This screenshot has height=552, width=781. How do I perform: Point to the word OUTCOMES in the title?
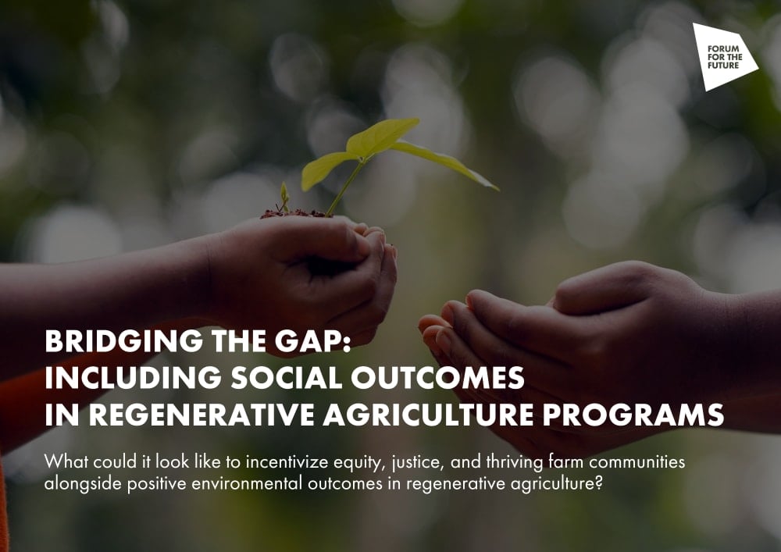tap(438, 378)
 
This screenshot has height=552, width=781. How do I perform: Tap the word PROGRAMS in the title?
tap(633, 415)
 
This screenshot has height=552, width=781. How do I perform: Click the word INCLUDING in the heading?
tap(133, 378)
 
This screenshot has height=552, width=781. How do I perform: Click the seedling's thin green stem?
tap(344, 188)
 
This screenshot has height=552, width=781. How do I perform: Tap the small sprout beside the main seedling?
tap(284, 197)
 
